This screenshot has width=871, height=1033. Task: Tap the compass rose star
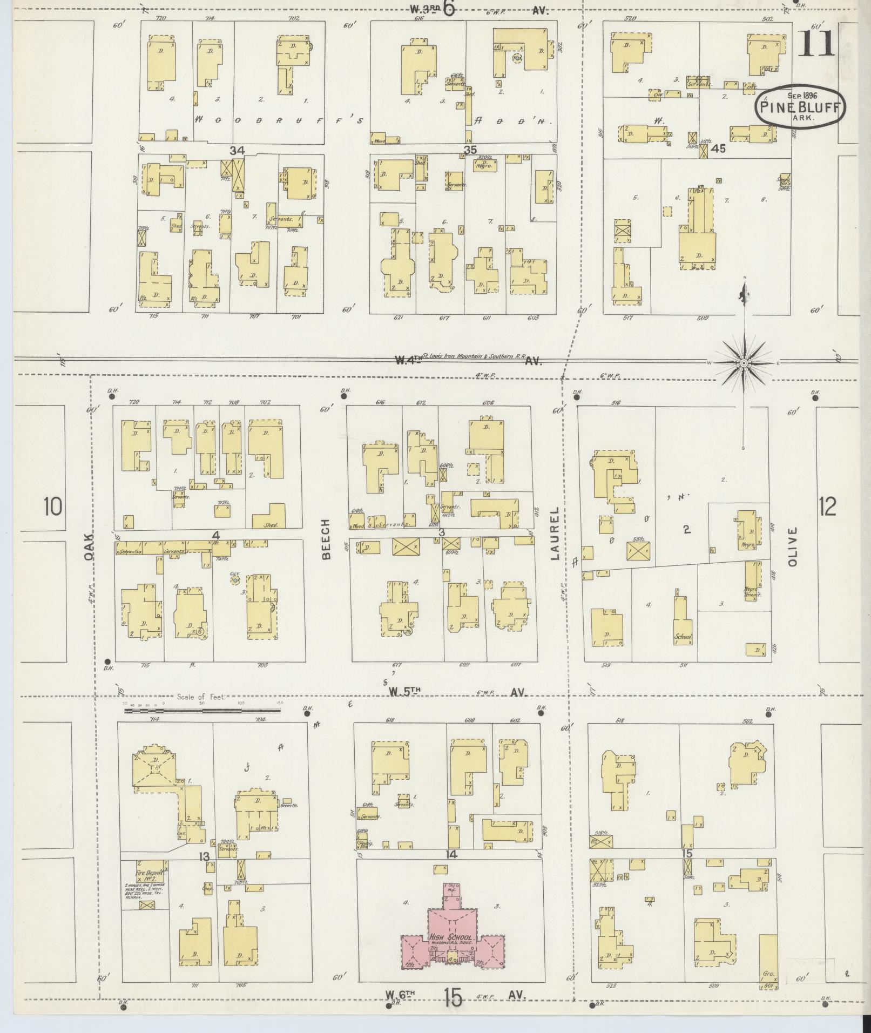[744, 364]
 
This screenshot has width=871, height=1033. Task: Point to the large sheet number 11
[816, 43]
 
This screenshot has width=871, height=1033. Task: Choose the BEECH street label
[326, 539]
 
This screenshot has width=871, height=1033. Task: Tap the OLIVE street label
[792, 546]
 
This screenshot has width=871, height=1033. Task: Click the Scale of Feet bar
[202, 711]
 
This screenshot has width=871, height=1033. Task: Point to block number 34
[237, 150]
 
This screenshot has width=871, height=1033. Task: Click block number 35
[470, 150]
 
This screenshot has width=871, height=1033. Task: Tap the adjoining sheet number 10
[53, 507]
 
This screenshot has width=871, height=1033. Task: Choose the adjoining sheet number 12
[827, 506]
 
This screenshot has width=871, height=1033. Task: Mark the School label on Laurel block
[683, 637]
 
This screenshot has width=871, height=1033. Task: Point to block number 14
[451, 854]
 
